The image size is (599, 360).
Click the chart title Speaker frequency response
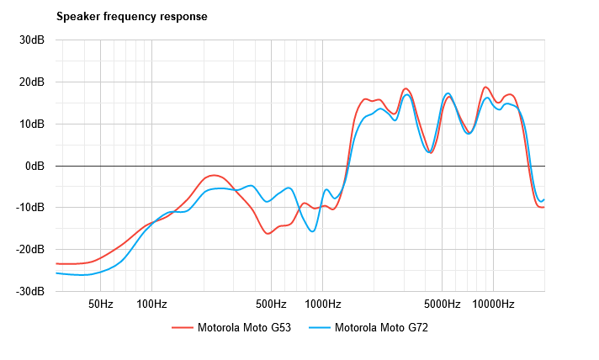pyautogui.click(x=132, y=16)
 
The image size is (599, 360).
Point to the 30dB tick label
pyautogui.click(x=33, y=40)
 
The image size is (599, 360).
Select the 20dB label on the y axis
pyautogui.click(x=33, y=82)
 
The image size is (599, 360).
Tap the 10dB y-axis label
pyautogui.click(x=33, y=124)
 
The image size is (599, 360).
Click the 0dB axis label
pyautogui.click(x=35, y=166)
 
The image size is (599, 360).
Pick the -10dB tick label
pyautogui.click(x=31, y=208)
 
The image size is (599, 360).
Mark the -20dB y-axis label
pyautogui.click(x=31, y=250)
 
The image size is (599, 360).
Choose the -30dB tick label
pyautogui.click(x=31, y=291)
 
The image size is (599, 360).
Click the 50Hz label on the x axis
pyautogui.click(x=100, y=304)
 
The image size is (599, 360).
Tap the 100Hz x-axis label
pyautogui.click(x=151, y=304)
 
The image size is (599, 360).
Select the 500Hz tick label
pyautogui.click(x=271, y=304)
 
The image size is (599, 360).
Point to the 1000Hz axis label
pyautogui.click(x=322, y=304)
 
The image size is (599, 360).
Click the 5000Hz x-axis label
pyautogui.click(x=442, y=304)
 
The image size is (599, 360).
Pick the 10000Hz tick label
pyautogui.click(x=493, y=304)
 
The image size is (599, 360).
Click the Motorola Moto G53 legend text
pyautogui.click(x=244, y=327)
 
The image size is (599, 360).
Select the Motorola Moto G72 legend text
pyautogui.click(x=381, y=327)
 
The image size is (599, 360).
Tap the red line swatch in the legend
pyautogui.click(x=182, y=327)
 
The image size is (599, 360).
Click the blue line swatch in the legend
pyautogui.click(x=319, y=327)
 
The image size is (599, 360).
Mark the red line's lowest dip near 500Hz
pyautogui.click(x=268, y=233)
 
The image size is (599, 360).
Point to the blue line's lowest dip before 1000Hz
pyautogui.click(x=313, y=231)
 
